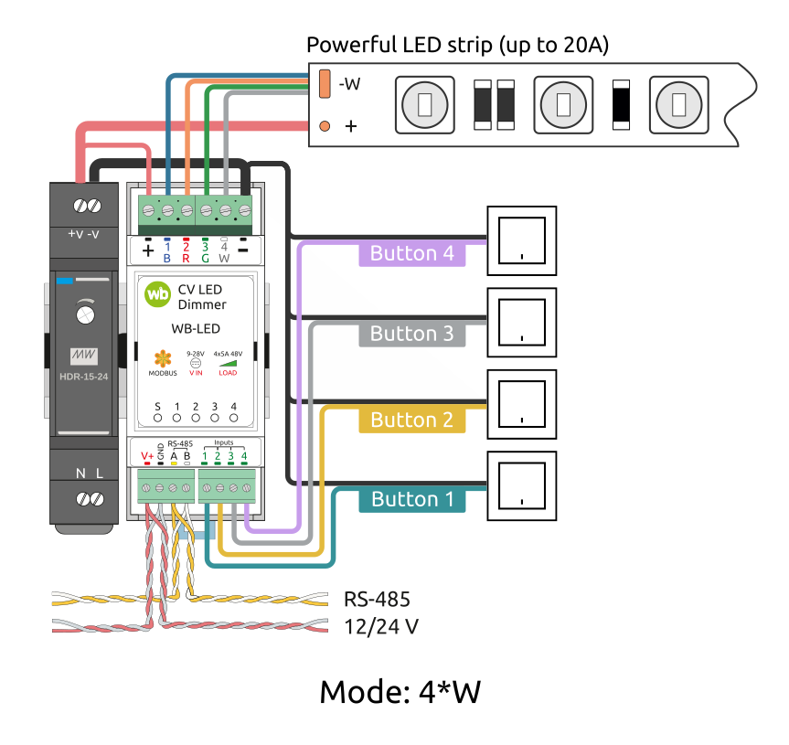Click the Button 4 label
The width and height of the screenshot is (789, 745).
point(412,253)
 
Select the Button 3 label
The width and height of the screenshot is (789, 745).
point(412,334)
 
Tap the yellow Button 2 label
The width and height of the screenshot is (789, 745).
point(412,420)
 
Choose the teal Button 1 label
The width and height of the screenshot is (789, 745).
point(412,499)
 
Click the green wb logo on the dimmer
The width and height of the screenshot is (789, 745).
point(158,294)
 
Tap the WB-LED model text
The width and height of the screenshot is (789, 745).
point(196,328)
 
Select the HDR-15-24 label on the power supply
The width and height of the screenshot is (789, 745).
point(85,375)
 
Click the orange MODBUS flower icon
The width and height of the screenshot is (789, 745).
point(162,359)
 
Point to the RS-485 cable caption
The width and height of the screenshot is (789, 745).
point(377,600)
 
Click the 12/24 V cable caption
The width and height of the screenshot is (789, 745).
point(381,627)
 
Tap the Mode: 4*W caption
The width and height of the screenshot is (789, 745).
point(400,692)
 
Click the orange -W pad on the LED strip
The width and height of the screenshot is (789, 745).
point(325,84)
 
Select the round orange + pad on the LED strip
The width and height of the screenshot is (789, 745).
point(324,126)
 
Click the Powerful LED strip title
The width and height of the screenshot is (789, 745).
point(457,44)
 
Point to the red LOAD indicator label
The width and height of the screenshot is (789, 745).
point(228,372)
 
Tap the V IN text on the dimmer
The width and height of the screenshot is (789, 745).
point(196,372)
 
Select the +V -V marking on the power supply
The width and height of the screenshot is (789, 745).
point(84,234)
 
